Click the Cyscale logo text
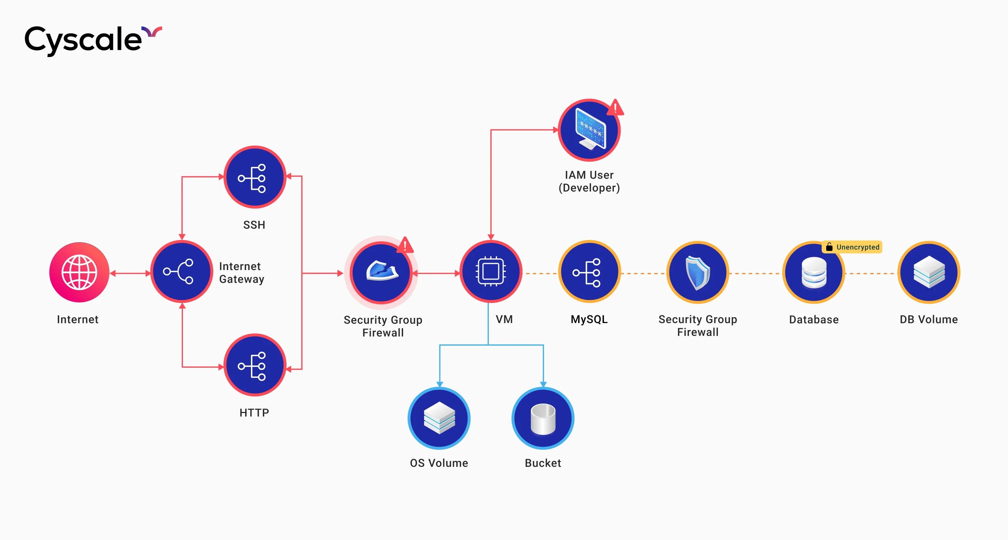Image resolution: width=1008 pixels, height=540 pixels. (x=83, y=40)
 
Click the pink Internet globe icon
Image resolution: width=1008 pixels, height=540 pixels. (x=79, y=272)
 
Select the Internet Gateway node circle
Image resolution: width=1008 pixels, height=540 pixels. (x=181, y=271)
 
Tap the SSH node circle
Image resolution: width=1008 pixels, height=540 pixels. (x=255, y=178)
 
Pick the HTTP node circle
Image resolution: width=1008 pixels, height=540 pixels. (x=255, y=365)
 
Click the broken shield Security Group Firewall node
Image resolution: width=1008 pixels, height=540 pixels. (x=381, y=272)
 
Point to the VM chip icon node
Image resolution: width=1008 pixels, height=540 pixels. (x=491, y=271)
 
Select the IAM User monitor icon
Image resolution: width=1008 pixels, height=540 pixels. (x=589, y=130)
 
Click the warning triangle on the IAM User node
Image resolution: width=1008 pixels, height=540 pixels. (x=615, y=107)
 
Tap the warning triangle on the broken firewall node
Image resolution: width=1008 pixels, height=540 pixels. (x=405, y=245)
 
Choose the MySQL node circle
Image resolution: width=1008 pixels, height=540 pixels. (x=589, y=272)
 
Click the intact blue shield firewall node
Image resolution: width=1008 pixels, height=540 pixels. (x=698, y=272)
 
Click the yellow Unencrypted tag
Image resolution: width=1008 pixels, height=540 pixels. (x=853, y=247)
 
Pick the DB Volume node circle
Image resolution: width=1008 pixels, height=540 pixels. (x=929, y=272)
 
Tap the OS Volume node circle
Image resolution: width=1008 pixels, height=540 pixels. (x=439, y=418)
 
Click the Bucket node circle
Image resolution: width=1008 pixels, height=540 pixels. (x=543, y=418)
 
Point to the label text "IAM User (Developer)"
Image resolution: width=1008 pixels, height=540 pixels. (x=589, y=181)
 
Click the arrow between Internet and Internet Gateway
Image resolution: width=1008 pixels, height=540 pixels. (x=130, y=273)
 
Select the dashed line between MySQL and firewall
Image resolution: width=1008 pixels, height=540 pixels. (x=643, y=273)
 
